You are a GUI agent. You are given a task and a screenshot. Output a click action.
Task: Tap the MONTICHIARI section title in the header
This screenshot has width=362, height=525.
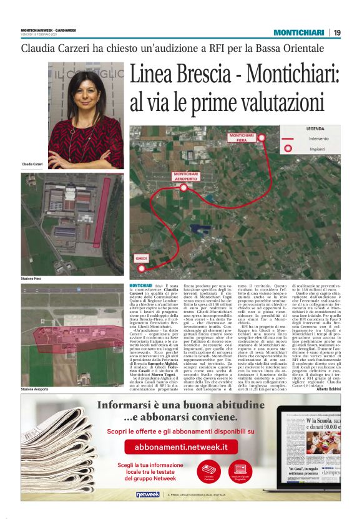[x=299, y=32]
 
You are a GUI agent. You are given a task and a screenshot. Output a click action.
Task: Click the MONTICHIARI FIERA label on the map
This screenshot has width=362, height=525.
[x=241, y=137]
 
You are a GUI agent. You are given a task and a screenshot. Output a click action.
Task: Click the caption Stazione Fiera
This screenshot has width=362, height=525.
[x=32, y=278]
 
